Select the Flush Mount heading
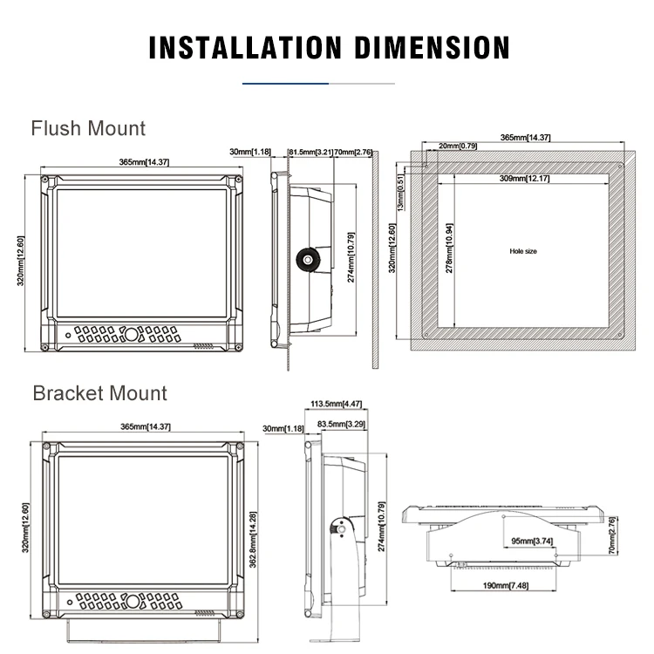pos(88,129)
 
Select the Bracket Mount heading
pos(99,392)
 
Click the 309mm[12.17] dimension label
pos(524,179)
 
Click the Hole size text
pos(523,251)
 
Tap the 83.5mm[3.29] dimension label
pos(341,424)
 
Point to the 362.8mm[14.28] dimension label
pos(254,535)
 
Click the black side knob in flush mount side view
pos(308,258)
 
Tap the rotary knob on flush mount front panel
pos(131,335)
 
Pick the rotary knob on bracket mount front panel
pos(131,602)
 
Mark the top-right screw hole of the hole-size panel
pos(619,166)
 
